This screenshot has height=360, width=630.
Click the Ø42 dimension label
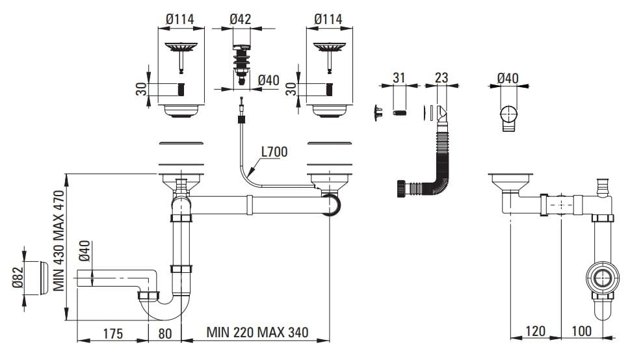point(241,19)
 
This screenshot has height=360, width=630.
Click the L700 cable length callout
point(274,153)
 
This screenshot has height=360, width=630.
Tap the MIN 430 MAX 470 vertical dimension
point(59,240)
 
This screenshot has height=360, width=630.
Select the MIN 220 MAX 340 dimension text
point(257,333)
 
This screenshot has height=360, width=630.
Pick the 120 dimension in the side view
point(534,331)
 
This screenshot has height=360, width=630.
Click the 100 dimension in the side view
point(581,331)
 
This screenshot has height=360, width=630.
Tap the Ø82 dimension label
point(19,278)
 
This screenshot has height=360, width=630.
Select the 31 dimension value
point(399,78)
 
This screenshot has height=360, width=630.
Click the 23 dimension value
point(441,78)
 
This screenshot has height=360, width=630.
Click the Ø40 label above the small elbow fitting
point(508,78)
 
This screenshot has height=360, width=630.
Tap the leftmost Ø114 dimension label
point(180,19)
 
